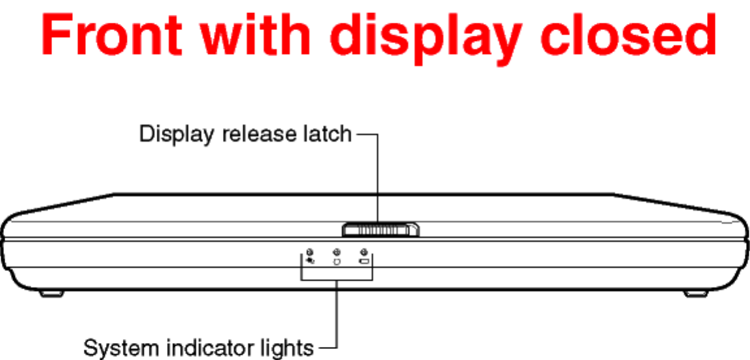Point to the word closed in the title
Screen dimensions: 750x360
pos(628,36)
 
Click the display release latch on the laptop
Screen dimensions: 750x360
pos(381,229)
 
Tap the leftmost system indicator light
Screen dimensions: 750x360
pos(309,252)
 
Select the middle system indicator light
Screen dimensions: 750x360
pos(337,252)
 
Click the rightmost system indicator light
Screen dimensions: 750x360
pos(364,252)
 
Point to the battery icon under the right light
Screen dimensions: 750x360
pos(365,262)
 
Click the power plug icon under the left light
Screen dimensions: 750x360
pos(310,261)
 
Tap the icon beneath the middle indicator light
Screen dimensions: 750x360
pos(337,262)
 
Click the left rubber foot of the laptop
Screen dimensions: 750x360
pos(51,294)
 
